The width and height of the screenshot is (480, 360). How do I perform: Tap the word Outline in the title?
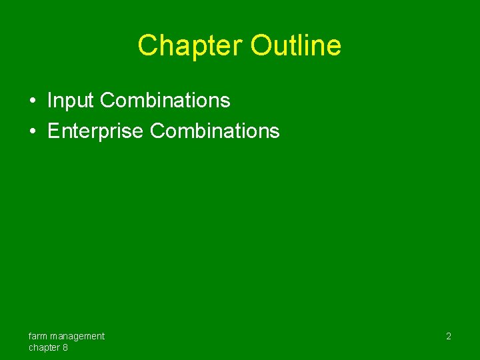pos(296,45)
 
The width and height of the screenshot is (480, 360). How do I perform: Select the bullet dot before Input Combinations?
pos(33,101)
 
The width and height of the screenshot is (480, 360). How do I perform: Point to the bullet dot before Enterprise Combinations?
pos(33,131)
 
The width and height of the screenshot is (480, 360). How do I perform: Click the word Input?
pos(71,101)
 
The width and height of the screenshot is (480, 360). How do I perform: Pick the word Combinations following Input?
pos(165,101)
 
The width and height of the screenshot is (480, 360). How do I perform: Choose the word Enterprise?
pos(95,131)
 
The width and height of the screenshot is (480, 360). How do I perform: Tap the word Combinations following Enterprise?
pos(215,131)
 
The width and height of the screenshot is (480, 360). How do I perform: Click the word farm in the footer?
pos(38,336)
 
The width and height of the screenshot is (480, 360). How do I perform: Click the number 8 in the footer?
pos(65,347)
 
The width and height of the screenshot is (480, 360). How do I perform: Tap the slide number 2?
pos(448,337)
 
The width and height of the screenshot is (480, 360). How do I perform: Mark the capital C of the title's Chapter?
pos(147,45)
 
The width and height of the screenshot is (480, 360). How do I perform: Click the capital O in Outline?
pos(261,45)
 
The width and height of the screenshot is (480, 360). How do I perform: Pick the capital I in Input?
pos(49,101)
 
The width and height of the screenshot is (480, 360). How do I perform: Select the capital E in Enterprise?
pos(53,131)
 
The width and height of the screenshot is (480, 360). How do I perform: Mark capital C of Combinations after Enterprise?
pos(157,131)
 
